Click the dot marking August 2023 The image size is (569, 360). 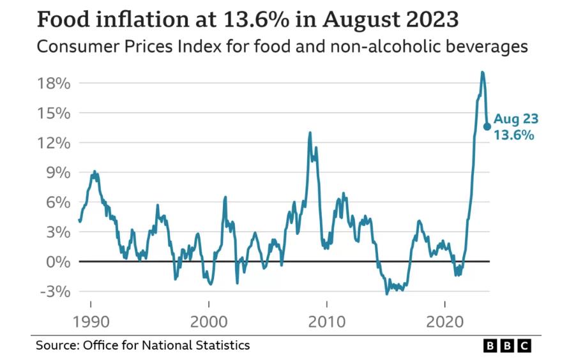click(487, 126)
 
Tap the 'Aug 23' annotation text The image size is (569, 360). click(516, 119)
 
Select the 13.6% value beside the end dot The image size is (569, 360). click(513, 135)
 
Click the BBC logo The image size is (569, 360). click(507, 346)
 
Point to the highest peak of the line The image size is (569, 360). click(482, 72)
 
